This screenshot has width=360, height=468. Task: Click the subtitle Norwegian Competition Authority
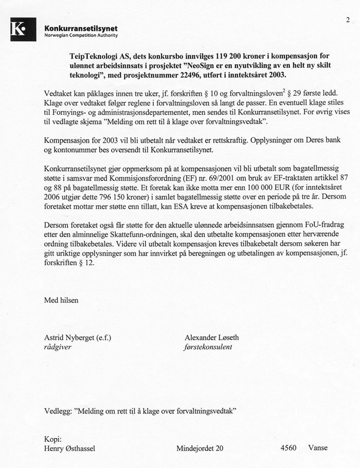click(81, 35)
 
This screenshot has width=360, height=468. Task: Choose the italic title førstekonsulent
click(208, 347)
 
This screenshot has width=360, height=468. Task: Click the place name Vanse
click(318, 448)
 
